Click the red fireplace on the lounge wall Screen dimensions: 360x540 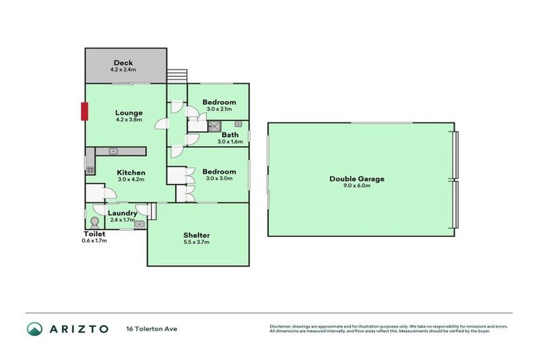[x=84, y=112]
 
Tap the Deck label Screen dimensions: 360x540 [x=123, y=63]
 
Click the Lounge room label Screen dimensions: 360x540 [x=129, y=112]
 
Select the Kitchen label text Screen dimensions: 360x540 [x=131, y=172]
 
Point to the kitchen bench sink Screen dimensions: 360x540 [x=113, y=151]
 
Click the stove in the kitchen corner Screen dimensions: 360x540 [x=89, y=169]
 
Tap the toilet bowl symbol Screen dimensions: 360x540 [x=94, y=220]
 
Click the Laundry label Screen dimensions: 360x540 [x=122, y=213]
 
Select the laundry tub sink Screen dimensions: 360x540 [x=139, y=224]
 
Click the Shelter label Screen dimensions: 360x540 [x=197, y=235]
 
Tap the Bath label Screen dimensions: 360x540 [x=230, y=135]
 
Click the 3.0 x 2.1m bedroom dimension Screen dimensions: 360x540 [x=219, y=109]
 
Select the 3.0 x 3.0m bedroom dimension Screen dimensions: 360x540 [x=219, y=179]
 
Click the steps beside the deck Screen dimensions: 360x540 [x=178, y=75]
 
